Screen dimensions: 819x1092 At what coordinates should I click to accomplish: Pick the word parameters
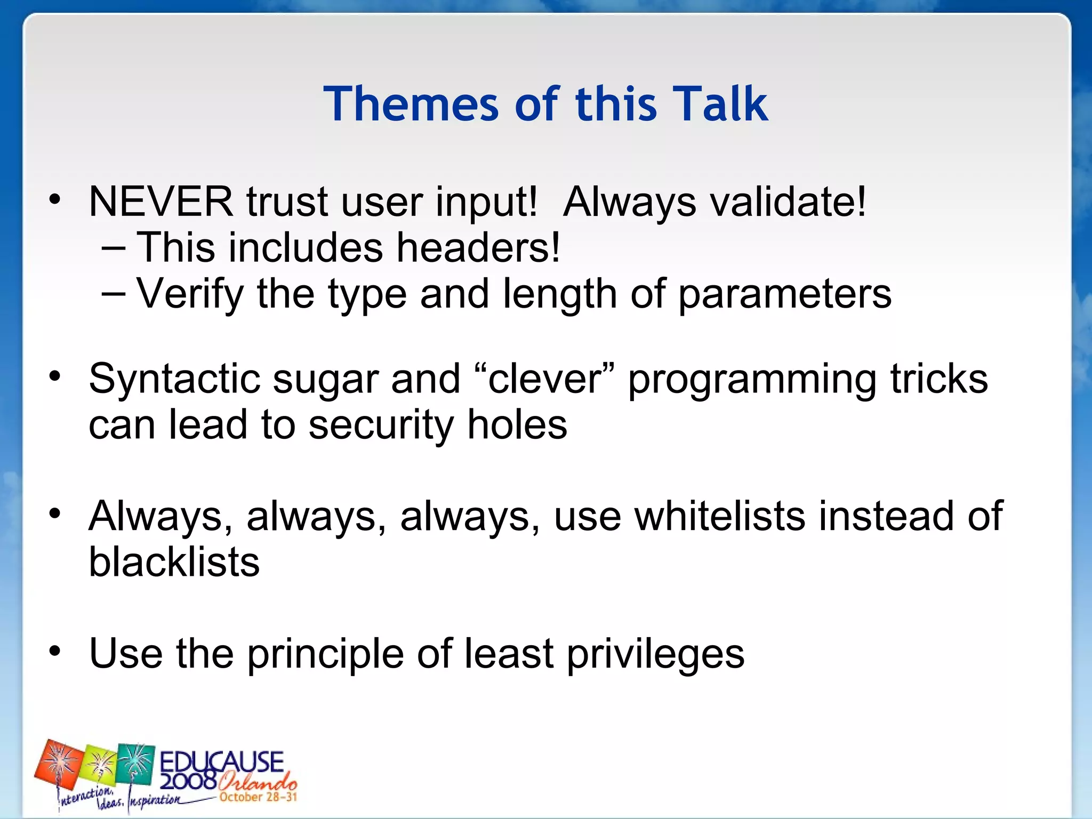pos(784,295)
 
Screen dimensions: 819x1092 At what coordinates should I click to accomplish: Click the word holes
pos(517,425)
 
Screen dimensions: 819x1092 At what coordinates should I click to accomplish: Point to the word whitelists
pos(720,516)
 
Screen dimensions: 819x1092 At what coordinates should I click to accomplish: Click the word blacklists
pos(174,562)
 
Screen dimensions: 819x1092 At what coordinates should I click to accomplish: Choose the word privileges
pos(655,655)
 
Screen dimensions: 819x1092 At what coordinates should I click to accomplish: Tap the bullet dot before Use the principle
pos(55,652)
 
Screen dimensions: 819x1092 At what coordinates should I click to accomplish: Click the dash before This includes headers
pos(114,248)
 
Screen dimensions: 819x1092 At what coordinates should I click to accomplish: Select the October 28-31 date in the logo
pos(258,797)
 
